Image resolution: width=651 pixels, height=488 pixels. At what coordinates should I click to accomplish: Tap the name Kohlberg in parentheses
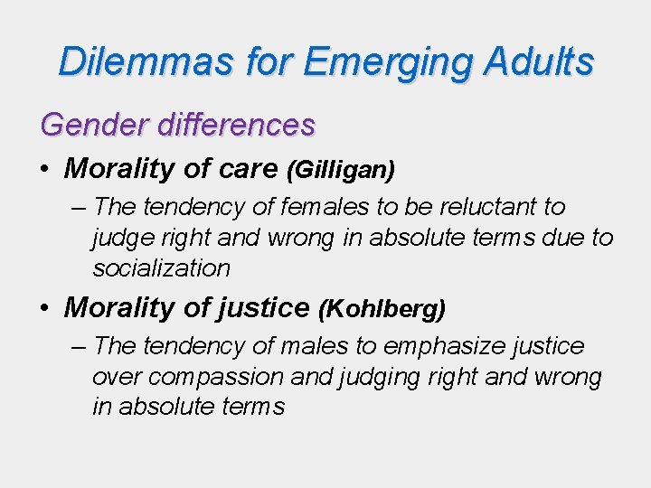[x=382, y=308]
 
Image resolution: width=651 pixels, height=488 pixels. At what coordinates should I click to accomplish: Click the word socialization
[x=161, y=268]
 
